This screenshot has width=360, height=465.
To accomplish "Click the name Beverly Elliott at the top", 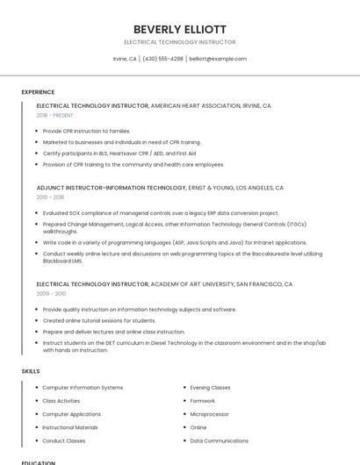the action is [x=180, y=29].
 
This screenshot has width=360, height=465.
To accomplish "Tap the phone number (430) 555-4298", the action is [x=162, y=59].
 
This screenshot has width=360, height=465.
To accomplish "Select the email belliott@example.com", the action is [x=218, y=59].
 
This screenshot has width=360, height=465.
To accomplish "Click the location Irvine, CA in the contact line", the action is [x=125, y=59].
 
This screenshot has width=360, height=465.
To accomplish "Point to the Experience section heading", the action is [x=38, y=92].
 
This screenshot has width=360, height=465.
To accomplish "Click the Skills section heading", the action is [x=31, y=371].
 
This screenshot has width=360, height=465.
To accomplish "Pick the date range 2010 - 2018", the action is [x=50, y=197].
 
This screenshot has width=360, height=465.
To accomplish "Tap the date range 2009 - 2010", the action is [x=50, y=294].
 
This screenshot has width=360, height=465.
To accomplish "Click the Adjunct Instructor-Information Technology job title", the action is [x=112, y=188].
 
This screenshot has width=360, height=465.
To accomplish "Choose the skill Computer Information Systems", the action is [x=83, y=387].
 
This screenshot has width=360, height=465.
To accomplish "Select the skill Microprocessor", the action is [x=210, y=414].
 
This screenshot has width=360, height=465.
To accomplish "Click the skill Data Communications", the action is [x=220, y=440].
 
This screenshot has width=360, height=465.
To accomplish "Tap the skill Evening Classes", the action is [x=211, y=387].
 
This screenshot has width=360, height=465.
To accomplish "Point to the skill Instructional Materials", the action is [x=70, y=427].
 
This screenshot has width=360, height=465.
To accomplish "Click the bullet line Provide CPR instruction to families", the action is [x=86, y=131].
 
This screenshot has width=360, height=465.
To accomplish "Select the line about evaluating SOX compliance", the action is [x=161, y=213].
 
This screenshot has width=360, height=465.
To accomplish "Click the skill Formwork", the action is [x=203, y=401].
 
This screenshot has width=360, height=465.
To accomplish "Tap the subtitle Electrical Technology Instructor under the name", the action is [x=180, y=42].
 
